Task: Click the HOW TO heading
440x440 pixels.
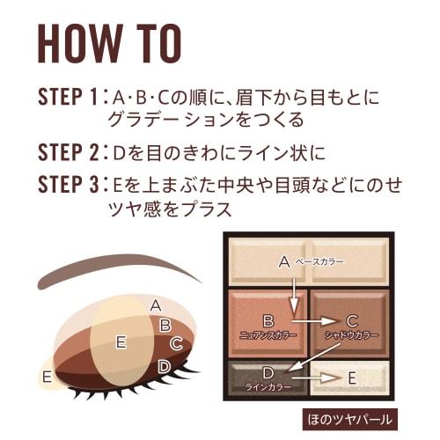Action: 109,43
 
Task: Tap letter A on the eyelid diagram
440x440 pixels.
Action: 155,305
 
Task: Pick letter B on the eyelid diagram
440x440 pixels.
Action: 165,324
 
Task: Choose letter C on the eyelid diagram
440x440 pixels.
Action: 175,343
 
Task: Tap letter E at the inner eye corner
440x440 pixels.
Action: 47,377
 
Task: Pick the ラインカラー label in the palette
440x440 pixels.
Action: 269,387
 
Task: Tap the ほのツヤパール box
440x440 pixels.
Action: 351,418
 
